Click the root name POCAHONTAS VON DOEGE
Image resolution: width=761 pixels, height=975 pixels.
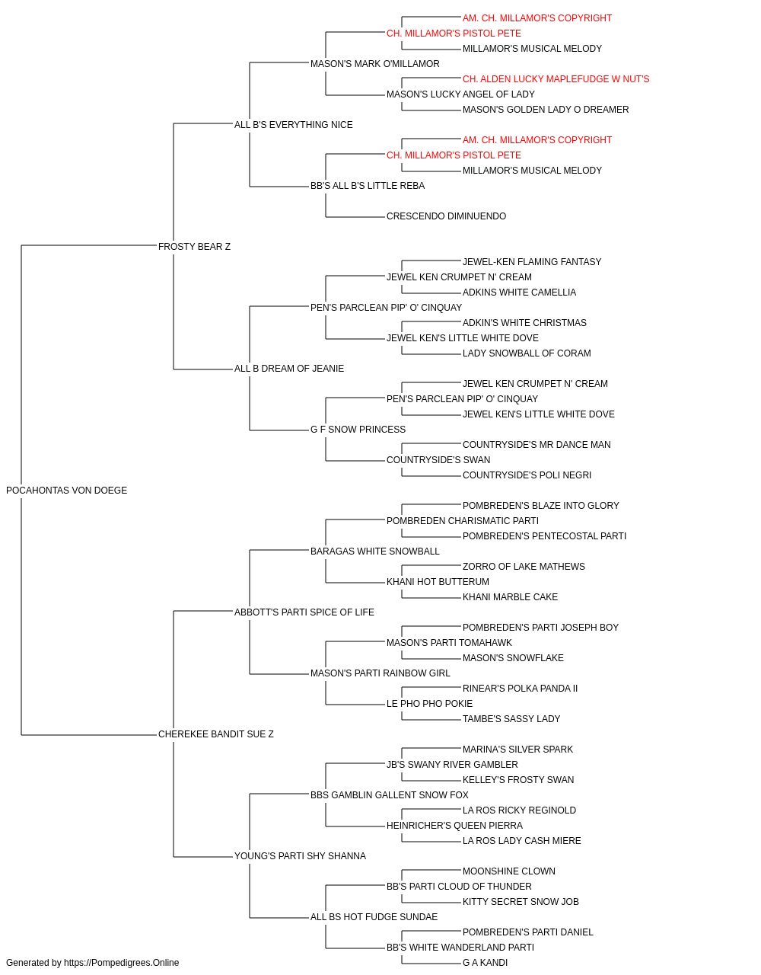66,491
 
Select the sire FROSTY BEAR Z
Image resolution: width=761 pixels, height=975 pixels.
194,247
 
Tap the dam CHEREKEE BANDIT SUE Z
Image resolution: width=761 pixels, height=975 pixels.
215,734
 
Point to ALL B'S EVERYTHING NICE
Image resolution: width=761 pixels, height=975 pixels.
293,125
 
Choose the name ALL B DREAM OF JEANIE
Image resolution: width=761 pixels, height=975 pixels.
289,369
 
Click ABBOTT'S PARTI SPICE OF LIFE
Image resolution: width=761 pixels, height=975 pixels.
304,612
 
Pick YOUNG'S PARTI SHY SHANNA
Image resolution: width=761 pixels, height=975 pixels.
300,855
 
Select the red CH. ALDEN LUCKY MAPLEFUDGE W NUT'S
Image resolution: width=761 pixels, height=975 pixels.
556,79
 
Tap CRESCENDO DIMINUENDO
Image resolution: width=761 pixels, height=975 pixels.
446,216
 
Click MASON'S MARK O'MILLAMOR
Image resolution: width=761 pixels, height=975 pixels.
374,64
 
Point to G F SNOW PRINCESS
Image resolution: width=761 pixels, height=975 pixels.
358,430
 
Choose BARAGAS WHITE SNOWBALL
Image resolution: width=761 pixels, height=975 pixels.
374,551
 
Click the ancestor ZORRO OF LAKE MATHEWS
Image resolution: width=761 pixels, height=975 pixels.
524,566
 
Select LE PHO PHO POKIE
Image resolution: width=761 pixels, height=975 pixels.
429,704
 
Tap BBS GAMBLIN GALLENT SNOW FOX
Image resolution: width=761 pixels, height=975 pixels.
389,794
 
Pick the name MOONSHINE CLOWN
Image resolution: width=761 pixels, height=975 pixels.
508,871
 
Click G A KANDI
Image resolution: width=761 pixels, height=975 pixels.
485,963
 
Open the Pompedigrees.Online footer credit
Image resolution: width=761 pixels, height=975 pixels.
92,963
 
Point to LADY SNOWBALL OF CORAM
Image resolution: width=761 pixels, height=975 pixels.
527,353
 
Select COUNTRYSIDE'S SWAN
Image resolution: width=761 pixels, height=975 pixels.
438,460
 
